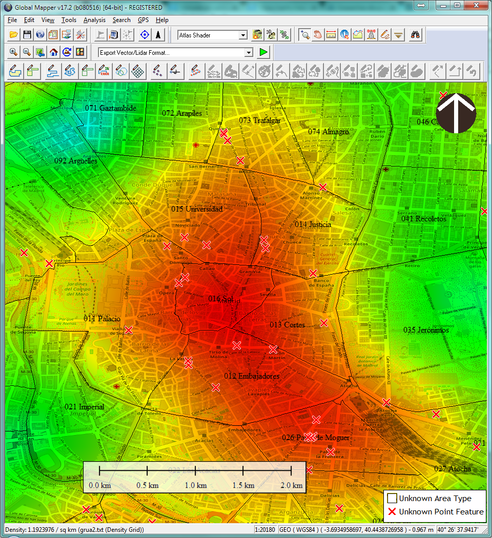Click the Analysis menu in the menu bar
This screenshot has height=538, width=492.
pos(94,20)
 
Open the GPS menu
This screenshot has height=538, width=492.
pos(143,20)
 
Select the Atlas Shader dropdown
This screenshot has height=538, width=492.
pos(212,35)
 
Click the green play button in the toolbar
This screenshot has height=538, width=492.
pos(263,52)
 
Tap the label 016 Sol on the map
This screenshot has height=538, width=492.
pos(221,299)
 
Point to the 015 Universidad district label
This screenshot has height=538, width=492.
pos(197,209)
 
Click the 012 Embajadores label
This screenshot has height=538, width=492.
pos(252,376)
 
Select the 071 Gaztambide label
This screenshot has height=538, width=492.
pos(111,108)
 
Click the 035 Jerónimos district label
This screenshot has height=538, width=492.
pos(426,330)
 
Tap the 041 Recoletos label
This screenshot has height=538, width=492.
pos(424,219)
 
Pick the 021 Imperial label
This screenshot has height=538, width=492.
pos(84,407)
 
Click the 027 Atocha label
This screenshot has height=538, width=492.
pos(452,469)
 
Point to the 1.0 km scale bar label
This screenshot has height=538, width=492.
pos(195,485)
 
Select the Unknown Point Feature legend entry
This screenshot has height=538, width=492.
pos(436,511)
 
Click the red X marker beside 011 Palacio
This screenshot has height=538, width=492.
pos(129,330)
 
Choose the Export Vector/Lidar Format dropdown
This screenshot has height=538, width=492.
pos(176,52)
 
